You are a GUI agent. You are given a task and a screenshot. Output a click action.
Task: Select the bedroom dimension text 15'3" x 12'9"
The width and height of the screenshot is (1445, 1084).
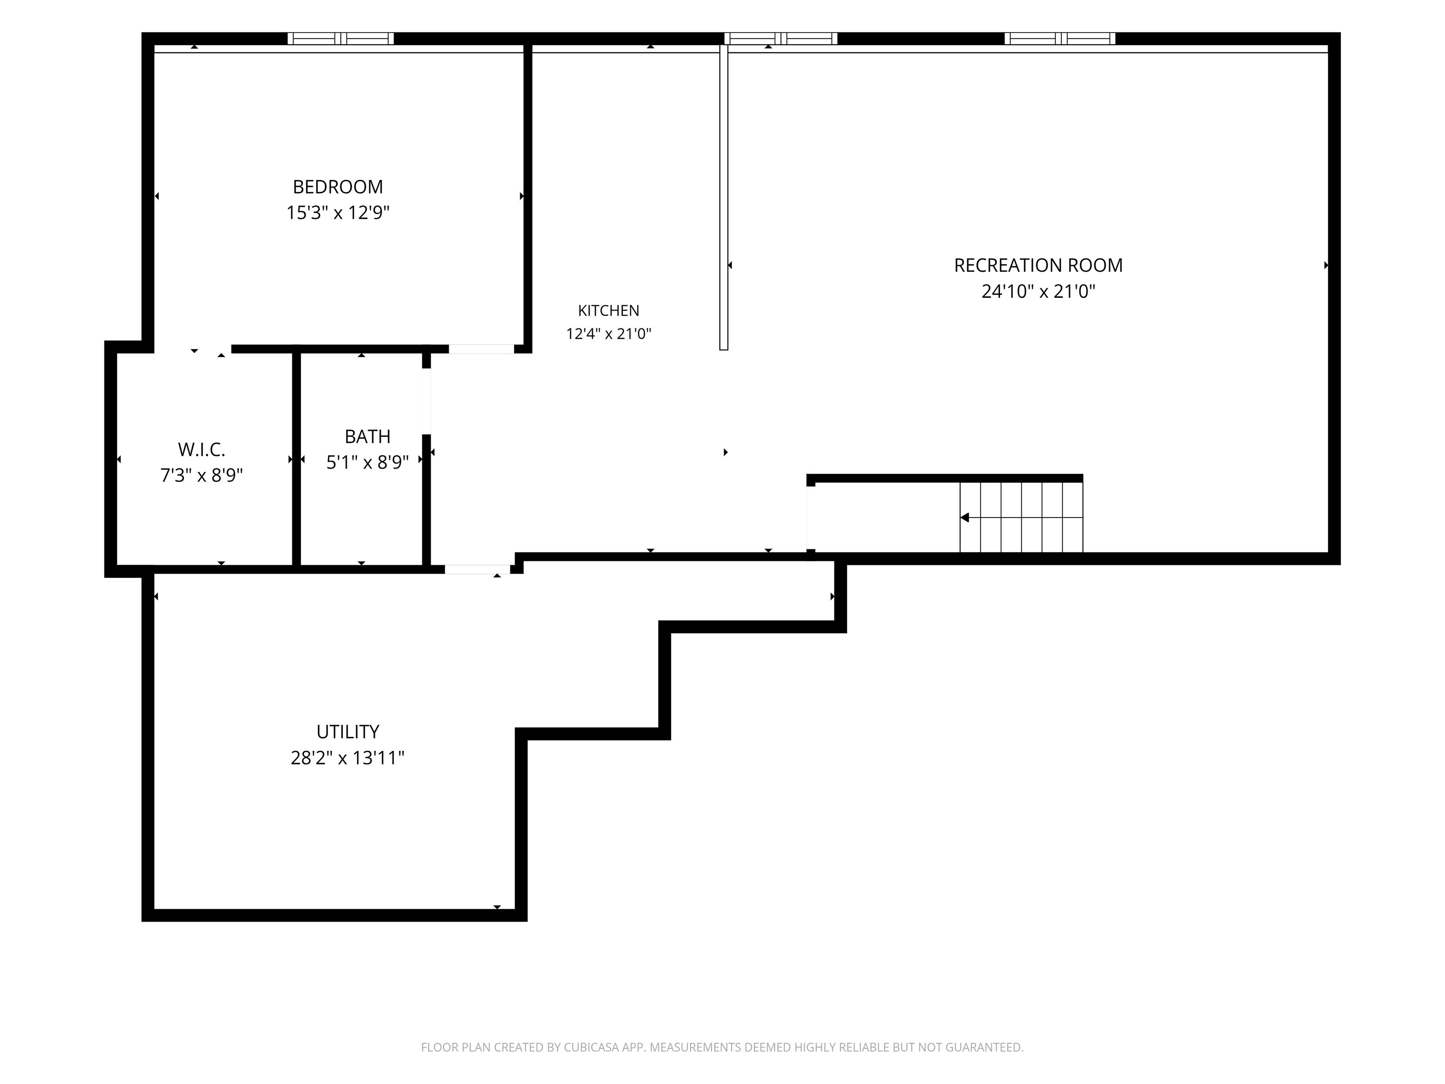pyautogui.click(x=338, y=213)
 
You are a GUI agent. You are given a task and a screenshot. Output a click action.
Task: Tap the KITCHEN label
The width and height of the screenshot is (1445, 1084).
pyautogui.click(x=608, y=311)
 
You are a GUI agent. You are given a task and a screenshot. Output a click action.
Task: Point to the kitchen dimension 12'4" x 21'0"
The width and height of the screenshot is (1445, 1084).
pyautogui.click(x=608, y=334)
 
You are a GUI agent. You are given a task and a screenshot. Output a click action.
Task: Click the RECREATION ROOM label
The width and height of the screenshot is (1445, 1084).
pyautogui.click(x=1038, y=265)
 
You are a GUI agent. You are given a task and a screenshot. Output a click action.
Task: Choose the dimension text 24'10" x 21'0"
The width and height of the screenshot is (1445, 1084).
pyautogui.click(x=1038, y=291)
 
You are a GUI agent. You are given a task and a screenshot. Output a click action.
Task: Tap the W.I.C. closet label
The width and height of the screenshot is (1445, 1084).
pyautogui.click(x=201, y=449)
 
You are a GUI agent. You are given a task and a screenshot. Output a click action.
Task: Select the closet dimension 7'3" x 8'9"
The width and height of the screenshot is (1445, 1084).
pyautogui.click(x=201, y=475)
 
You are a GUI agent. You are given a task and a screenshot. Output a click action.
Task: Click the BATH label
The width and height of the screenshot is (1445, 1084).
pyautogui.click(x=367, y=437)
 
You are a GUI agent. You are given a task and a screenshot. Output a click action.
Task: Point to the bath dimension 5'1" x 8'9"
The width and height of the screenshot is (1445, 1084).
pyautogui.click(x=367, y=462)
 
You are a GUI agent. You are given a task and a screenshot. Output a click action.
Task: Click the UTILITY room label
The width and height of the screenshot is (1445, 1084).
pyautogui.click(x=348, y=732)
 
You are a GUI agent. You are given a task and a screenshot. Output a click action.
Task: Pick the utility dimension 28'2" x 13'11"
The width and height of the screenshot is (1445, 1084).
pyautogui.click(x=348, y=758)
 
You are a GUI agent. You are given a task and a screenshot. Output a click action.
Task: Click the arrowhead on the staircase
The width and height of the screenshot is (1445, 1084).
pyautogui.click(x=964, y=518)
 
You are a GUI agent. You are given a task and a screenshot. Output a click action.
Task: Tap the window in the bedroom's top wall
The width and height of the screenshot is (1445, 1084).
pyautogui.click(x=341, y=39)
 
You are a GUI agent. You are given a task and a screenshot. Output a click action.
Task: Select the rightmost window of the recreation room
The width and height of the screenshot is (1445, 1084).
pyautogui.click(x=1060, y=39)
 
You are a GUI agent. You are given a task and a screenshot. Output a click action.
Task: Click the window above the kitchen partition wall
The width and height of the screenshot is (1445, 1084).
pyautogui.click(x=781, y=39)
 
